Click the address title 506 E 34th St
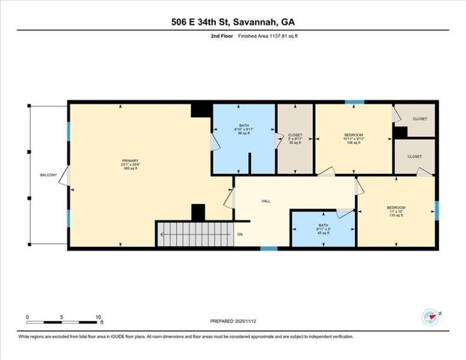click(x=232, y=22)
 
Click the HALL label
click(x=266, y=201)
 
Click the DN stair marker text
click(x=240, y=235)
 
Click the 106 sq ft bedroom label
click(x=353, y=138)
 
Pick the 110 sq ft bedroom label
click(x=396, y=211)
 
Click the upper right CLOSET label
click(x=420, y=118)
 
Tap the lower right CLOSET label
click(x=414, y=156)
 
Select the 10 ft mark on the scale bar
click(x=99, y=316)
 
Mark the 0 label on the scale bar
click(x=28, y=316)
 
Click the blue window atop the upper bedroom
click(x=354, y=101)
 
